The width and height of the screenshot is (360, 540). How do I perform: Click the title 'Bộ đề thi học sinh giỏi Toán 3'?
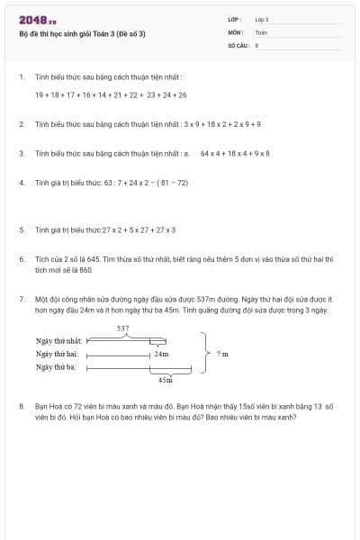pyautogui.click(x=82, y=33)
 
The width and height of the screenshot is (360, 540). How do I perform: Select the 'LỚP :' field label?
pyautogui.click(x=237, y=19)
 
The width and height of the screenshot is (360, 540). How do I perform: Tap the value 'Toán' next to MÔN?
pyautogui.click(x=261, y=31)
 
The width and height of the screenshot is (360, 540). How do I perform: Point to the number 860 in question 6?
pyautogui.click(x=86, y=269)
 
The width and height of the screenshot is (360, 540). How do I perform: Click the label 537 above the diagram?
pyautogui.click(x=123, y=328)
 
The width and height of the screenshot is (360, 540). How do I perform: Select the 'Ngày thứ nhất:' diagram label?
pyautogui.click(x=58, y=341)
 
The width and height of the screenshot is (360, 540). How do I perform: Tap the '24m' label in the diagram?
pyautogui.click(x=161, y=354)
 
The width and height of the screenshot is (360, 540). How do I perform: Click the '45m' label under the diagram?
pyautogui.click(x=165, y=380)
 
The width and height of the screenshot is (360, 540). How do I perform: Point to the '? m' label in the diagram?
pyautogui.click(x=222, y=354)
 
